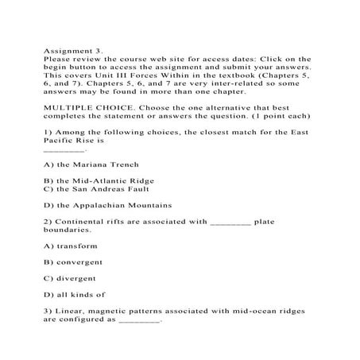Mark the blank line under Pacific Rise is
pyautogui.click(x=64, y=149)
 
